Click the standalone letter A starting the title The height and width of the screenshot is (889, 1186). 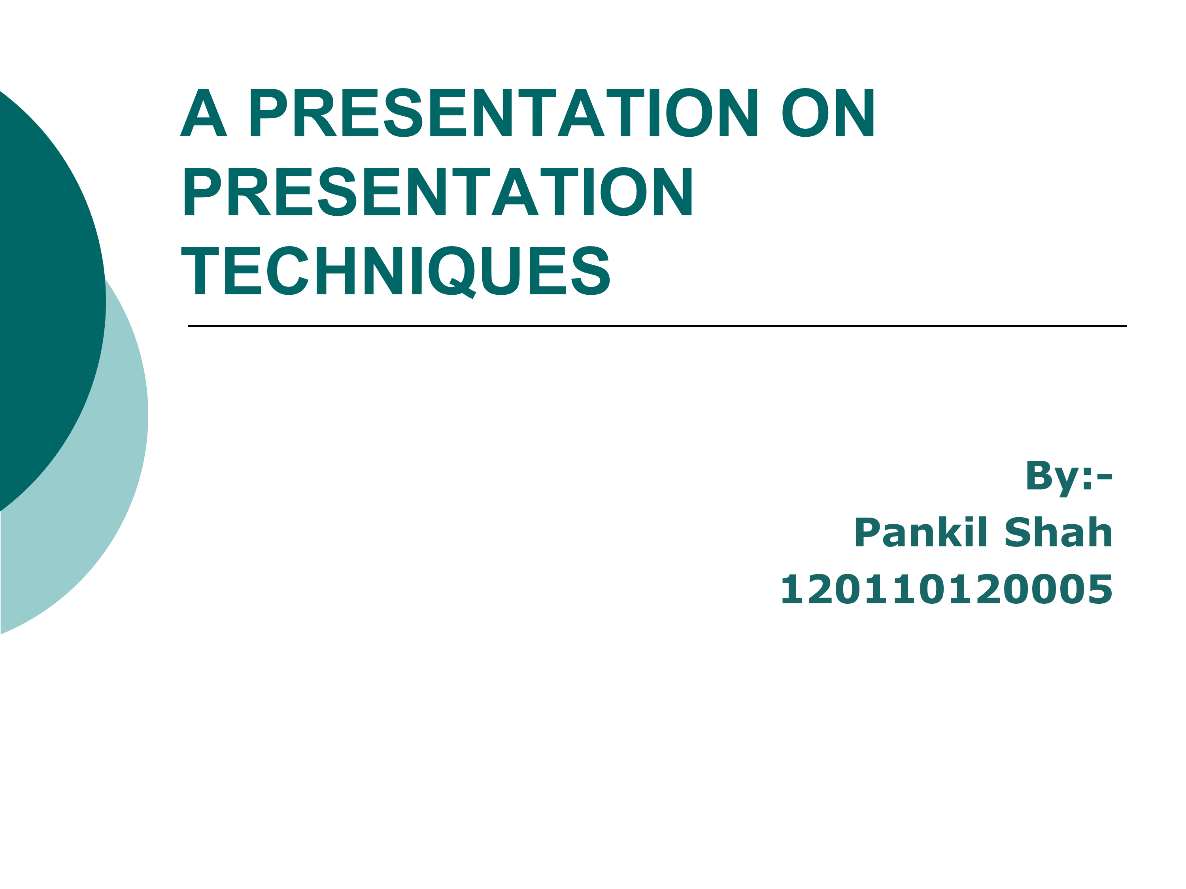click(204, 113)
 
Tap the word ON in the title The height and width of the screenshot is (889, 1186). click(828, 113)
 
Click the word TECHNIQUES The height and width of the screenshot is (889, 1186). click(396, 271)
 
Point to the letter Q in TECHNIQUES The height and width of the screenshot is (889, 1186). click(452, 272)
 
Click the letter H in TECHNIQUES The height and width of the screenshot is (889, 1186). click(336, 271)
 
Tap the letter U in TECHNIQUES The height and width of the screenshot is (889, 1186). click(501, 271)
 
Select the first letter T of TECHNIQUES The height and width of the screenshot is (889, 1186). click(200, 271)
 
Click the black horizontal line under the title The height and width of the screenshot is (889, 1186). click(657, 326)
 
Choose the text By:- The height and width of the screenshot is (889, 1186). click(1069, 478)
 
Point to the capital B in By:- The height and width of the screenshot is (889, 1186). click(1038, 475)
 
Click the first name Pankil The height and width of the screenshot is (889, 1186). click(921, 532)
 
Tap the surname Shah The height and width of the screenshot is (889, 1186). click(1058, 532)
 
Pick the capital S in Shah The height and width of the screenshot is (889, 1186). click(1017, 532)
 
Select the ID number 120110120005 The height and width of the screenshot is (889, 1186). click(946, 589)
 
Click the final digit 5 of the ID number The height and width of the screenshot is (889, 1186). click(1100, 590)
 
